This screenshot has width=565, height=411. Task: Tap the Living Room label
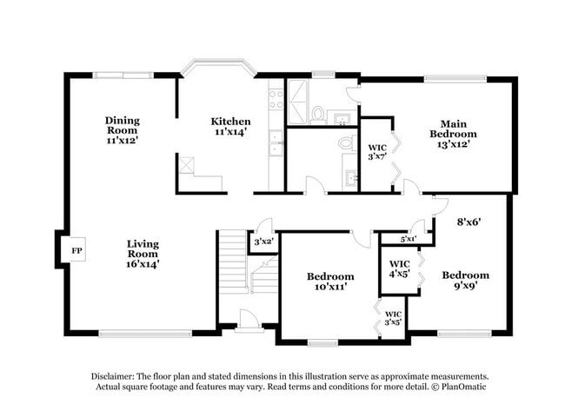coord(143,253)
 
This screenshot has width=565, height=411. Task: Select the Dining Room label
coord(123,129)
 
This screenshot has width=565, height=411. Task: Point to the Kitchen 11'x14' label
coord(231,127)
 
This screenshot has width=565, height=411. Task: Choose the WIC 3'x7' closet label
coord(377,152)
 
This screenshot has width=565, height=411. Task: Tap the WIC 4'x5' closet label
coord(399,268)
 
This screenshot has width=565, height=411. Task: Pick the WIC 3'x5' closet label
coord(393,319)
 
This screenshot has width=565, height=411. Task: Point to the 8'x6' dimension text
coord(469,222)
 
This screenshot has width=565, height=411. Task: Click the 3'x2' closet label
coord(263,241)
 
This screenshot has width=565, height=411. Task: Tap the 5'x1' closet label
coord(408,238)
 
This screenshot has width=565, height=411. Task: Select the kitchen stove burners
coord(276,99)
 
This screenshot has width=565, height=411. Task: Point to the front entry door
coord(249,328)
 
